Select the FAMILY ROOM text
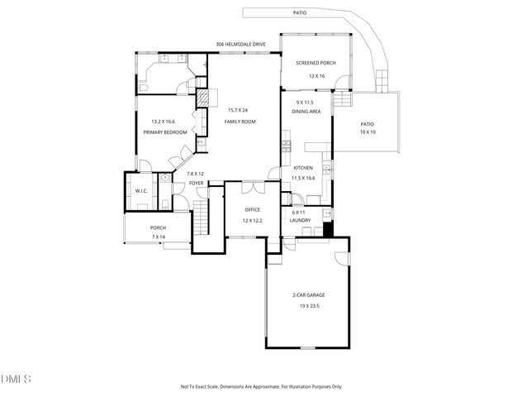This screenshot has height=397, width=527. pos(240,122)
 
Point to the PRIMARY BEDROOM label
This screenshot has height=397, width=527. pos(164,131)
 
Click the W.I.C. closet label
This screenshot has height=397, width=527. pos(141,194)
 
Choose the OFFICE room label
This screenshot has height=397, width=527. pos(252,210)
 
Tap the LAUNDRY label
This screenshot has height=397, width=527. pos(301,221)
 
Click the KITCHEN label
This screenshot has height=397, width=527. pos(303,167)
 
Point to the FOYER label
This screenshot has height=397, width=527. pos(195,184)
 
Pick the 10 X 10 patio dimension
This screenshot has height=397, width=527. pos(367,133)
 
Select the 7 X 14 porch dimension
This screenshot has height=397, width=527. pos(158,237)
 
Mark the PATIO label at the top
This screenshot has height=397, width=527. pos(300,13)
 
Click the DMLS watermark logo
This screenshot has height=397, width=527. pos(16,380)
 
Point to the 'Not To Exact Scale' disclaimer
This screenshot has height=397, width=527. pos(261,386)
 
